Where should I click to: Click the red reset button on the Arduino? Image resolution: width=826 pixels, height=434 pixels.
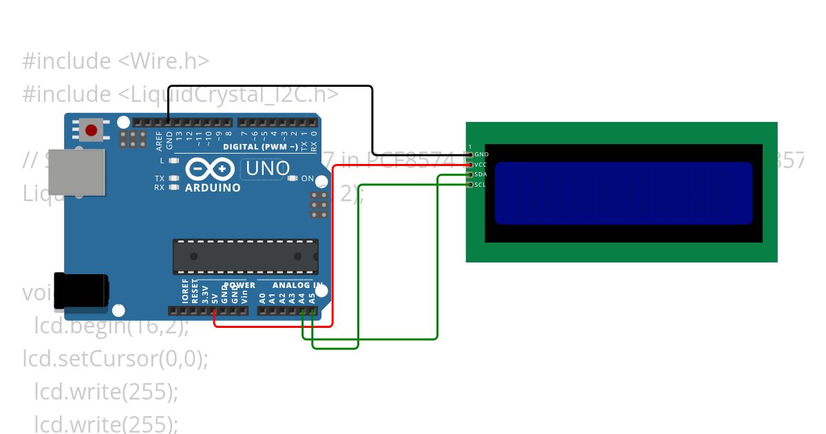[91, 129]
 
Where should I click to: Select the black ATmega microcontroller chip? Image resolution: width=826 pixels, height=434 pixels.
[245, 256]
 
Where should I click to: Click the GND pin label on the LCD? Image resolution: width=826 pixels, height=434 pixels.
[481, 154]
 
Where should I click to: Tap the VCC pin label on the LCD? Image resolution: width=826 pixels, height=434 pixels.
[481, 165]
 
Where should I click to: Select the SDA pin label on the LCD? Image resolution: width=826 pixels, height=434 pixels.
[481, 174]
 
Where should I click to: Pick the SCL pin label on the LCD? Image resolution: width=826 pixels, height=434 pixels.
[480, 185]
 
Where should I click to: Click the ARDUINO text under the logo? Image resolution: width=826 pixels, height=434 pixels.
[213, 187]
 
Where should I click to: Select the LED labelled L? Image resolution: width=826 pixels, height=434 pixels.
[173, 161]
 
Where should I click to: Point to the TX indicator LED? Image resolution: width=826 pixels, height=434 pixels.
[173, 178]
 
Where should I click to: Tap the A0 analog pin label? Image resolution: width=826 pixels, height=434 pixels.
[262, 298]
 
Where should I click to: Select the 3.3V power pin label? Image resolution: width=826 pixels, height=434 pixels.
[205, 295]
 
